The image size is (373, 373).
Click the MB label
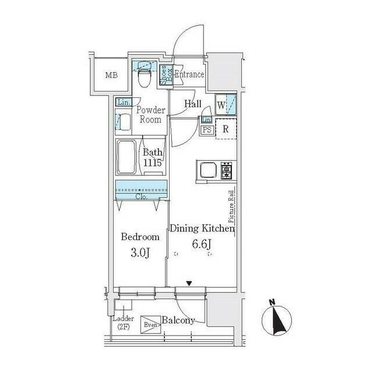point(111,75)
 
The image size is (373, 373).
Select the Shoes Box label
point(166,75)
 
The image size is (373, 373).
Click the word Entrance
point(189,75)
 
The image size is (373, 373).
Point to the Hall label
point(193,104)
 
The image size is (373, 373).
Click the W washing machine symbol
point(226,105)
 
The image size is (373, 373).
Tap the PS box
point(207,130)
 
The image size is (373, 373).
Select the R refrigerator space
point(226,129)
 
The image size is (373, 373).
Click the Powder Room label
point(150,115)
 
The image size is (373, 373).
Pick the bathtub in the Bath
point(126,157)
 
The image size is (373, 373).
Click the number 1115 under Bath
point(153,163)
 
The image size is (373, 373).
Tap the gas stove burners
point(226,171)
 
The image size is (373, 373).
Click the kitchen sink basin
point(208,170)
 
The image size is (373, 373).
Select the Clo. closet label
point(141,197)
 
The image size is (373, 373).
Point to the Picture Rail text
point(231,206)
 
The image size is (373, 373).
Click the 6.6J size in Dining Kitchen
point(202,244)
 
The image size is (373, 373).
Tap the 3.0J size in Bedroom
point(140,252)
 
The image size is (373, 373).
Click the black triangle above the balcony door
point(189,284)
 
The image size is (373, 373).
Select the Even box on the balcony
point(150,325)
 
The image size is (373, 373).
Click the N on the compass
point(272,302)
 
